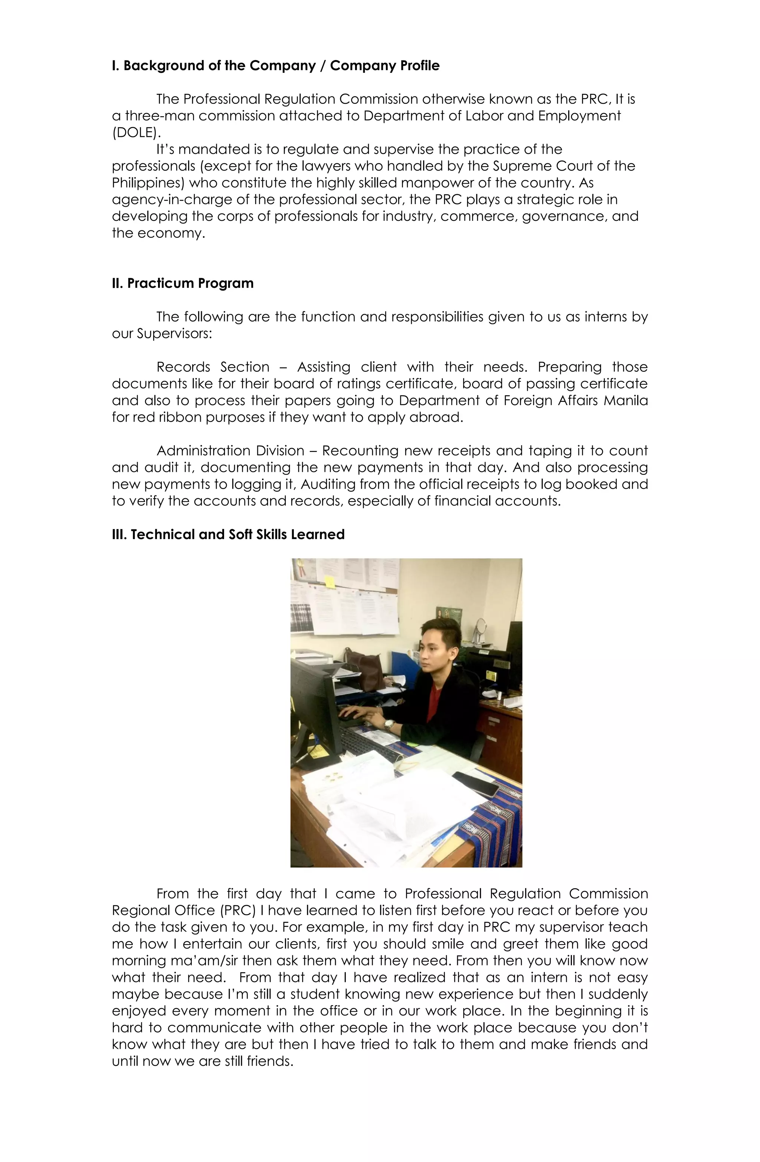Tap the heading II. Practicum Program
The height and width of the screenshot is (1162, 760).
tap(183, 284)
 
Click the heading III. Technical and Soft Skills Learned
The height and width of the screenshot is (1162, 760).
tap(228, 535)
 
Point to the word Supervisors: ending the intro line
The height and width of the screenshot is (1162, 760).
tap(174, 334)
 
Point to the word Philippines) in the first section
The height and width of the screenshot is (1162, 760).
tap(147, 183)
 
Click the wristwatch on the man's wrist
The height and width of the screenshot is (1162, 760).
tap(389, 725)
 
